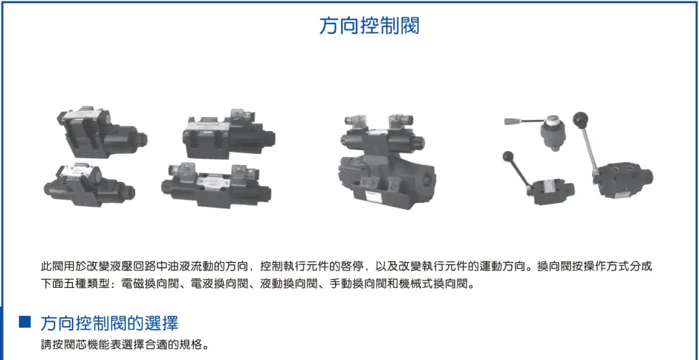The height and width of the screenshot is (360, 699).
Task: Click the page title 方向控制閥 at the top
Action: coord(369,27)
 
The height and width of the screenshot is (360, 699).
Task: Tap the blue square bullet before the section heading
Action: coord(25,322)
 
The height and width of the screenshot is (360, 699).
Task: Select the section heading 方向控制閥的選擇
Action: coord(109,323)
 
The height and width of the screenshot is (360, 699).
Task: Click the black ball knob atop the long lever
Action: coord(580,119)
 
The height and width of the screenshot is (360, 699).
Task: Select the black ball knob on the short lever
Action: coord(507,157)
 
